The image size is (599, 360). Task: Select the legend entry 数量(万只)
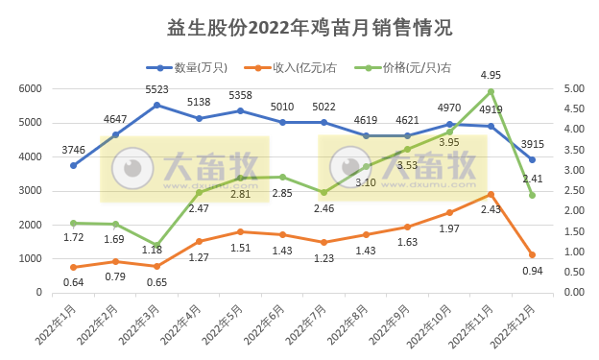tap(198, 66)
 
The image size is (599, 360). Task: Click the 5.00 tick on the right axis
tap(574, 88)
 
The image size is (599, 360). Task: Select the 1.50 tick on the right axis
tap(574, 231)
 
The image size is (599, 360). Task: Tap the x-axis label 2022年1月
tap(58, 324)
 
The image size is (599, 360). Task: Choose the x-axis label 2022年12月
tap(515, 324)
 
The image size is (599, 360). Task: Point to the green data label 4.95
tap(491, 75)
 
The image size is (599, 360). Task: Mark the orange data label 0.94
tap(533, 272)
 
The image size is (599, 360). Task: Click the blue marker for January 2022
tap(74, 165)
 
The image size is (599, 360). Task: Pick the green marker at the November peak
tap(491, 91)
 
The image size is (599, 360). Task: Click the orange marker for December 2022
tap(532, 254)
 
